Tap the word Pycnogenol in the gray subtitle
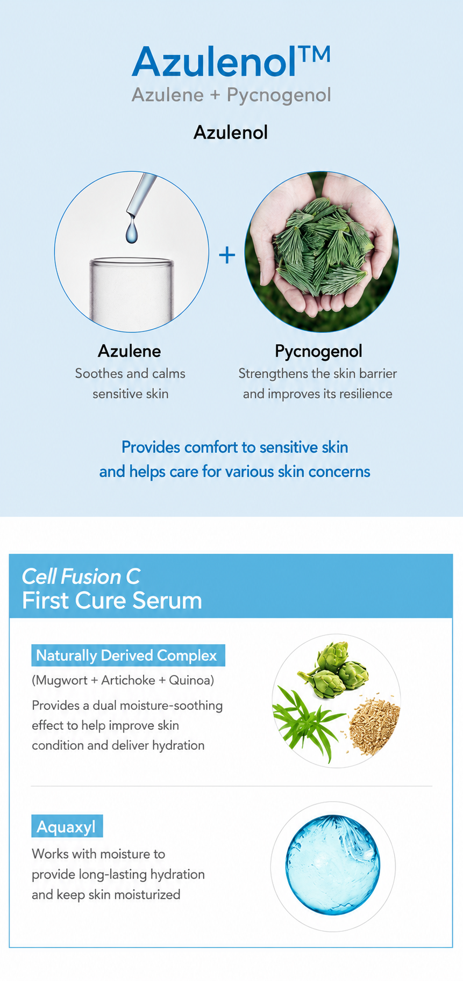(x=279, y=95)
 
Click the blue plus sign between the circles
(x=227, y=255)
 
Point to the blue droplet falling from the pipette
(x=131, y=230)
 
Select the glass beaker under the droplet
(x=132, y=293)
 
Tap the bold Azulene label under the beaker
(x=129, y=351)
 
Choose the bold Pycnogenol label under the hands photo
(x=318, y=351)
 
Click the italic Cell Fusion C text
(x=81, y=577)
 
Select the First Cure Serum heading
(x=112, y=601)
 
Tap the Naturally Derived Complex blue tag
(x=128, y=656)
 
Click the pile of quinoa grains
(x=375, y=723)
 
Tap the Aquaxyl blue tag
(x=67, y=827)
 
